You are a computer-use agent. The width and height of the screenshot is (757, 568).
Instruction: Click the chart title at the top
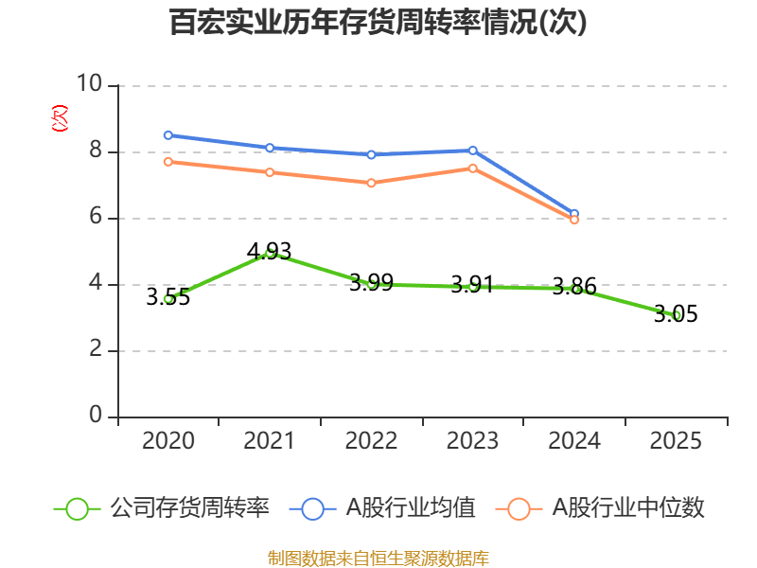[x=378, y=23]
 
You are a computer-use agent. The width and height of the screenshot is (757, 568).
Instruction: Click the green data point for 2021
[x=270, y=253]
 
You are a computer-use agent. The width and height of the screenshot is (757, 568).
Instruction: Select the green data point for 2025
[x=677, y=315]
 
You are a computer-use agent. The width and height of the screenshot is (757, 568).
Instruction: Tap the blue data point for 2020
[x=168, y=135]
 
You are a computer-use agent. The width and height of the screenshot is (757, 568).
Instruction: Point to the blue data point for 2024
[x=574, y=214]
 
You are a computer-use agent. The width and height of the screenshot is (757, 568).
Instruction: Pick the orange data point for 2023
[x=473, y=169]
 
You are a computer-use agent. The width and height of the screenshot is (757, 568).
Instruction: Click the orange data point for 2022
[x=371, y=183]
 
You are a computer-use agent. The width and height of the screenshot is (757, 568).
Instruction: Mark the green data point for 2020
[x=168, y=298]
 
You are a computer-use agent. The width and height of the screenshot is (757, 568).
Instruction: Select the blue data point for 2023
[x=473, y=151]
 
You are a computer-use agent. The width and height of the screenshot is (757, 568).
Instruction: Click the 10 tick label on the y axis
[x=90, y=85]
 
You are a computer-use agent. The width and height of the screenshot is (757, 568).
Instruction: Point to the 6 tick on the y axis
[x=96, y=218]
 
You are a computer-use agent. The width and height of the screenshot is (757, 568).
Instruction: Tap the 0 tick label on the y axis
[x=96, y=417]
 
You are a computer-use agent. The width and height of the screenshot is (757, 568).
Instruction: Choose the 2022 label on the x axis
[x=371, y=441]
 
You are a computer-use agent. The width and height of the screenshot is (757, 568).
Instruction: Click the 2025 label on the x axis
[x=677, y=441]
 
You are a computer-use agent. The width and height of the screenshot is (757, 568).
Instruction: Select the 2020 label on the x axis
[x=168, y=441]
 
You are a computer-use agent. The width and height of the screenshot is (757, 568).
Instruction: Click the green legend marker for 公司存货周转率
[x=78, y=508]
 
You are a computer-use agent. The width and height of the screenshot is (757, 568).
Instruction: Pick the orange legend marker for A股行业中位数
[x=519, y=508]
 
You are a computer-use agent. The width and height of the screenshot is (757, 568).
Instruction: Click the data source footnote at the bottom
[x=378, y=558]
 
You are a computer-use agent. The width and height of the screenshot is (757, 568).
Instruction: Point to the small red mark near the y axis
[x=60, y=118]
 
